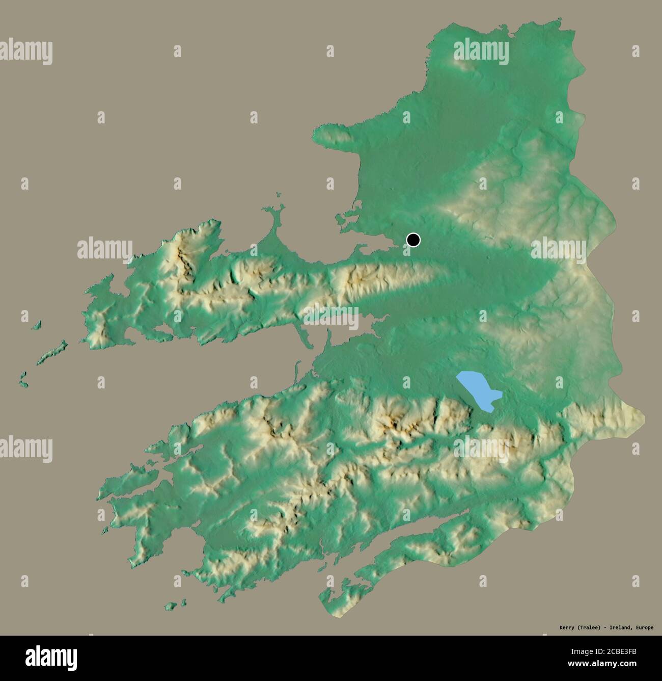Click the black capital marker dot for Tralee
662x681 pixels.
413,240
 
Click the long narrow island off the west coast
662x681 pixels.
52,352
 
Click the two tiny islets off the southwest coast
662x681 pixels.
176,605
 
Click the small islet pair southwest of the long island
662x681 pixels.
23,378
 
